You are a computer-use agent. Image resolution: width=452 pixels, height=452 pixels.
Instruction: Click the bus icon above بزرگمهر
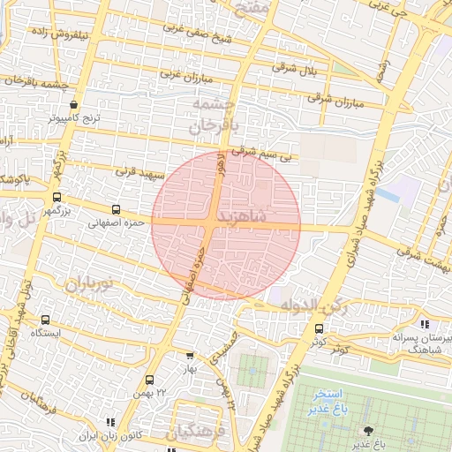coord(56,198)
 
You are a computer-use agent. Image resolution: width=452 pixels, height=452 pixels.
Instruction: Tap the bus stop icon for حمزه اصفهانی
coord(116,210)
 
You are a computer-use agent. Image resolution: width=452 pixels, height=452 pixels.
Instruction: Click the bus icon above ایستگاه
coord(45,320)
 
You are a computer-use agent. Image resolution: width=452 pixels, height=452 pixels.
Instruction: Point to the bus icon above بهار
coord(189,356)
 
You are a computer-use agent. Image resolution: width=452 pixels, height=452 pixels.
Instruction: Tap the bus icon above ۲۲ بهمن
coord(149,380)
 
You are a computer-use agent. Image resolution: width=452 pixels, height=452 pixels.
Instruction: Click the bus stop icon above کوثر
coord(319,328)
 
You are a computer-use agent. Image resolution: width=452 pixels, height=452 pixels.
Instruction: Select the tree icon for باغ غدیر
coord(366,430)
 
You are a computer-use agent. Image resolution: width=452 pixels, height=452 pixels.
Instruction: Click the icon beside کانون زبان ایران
coord(110,423)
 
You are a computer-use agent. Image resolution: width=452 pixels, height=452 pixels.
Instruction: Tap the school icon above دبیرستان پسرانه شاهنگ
coord(426,324)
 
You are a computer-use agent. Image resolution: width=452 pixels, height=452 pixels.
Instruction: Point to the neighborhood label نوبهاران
coord(89,284)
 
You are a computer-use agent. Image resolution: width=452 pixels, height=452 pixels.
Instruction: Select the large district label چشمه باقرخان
coord(215,116)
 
